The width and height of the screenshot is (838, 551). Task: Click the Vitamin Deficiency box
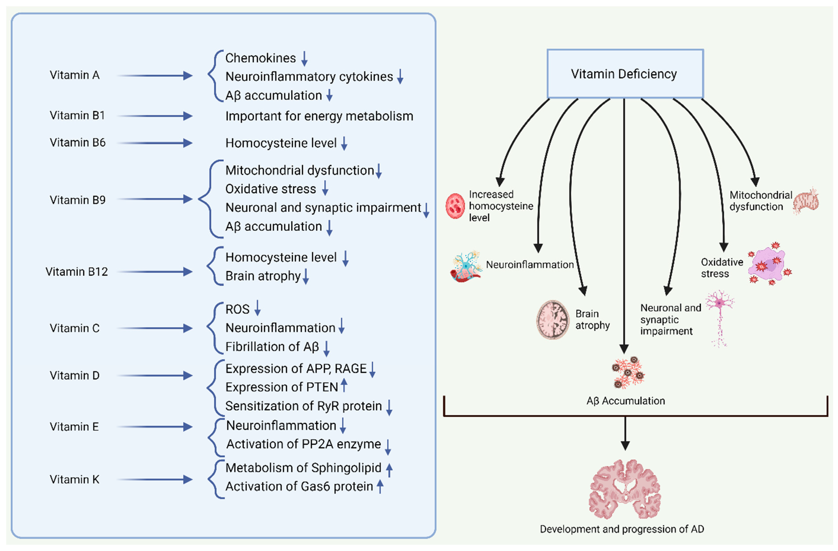[x=625, y=74]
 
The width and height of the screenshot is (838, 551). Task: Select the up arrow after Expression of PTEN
[x=344, y=385]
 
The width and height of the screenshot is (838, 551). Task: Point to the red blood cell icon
[x=455, y=206]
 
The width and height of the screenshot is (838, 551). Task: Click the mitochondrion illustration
[x=807, y=201]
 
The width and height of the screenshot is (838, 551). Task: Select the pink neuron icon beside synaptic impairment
[x=720, y=317]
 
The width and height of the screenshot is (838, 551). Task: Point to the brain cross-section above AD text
[x=625, y=490]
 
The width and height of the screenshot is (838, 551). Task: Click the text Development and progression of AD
[x=622, y=529]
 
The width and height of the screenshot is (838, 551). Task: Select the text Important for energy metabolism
[x=319, y=116]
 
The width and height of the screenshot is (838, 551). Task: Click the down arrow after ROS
[x=257, y=307]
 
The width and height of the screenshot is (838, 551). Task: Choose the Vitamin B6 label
[x=78, y=143]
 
